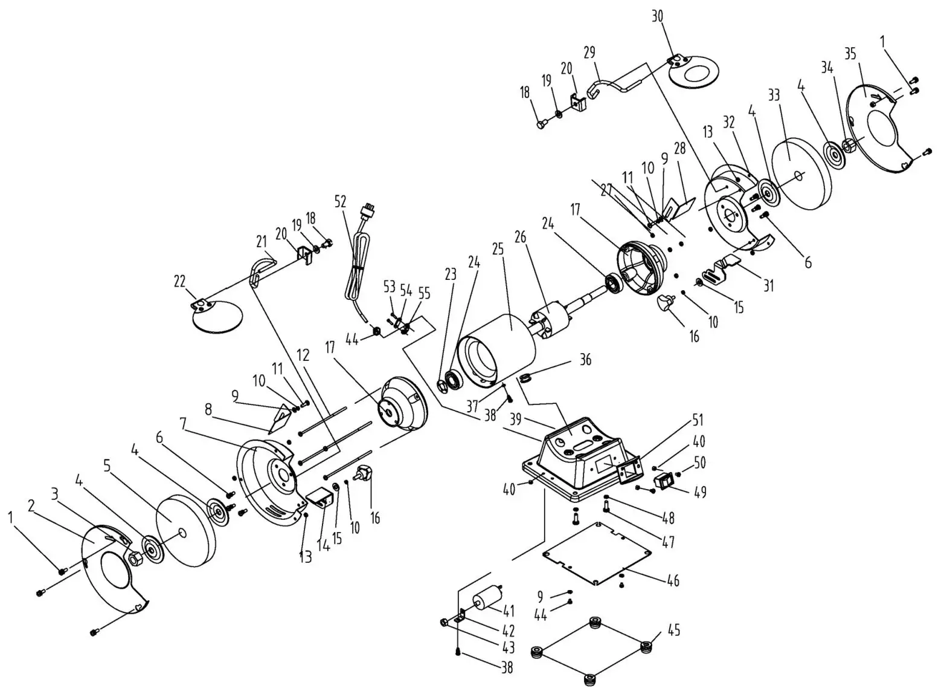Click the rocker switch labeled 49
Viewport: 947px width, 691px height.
pyautogui.click(x=665, y=482)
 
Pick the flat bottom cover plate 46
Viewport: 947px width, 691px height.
pyautogui.click(x=598, y=553)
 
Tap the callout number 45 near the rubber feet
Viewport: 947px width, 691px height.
pyautogui.click(x=674, y=630)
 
